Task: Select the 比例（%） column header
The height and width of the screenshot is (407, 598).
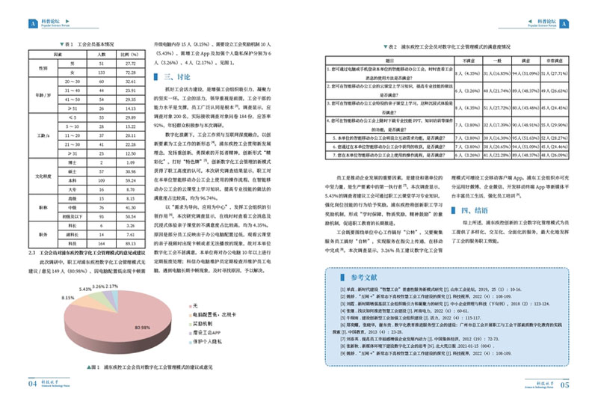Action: [131, 55]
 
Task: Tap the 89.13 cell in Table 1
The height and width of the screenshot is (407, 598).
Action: [131, 243]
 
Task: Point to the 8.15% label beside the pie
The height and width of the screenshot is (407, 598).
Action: [68, 298]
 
